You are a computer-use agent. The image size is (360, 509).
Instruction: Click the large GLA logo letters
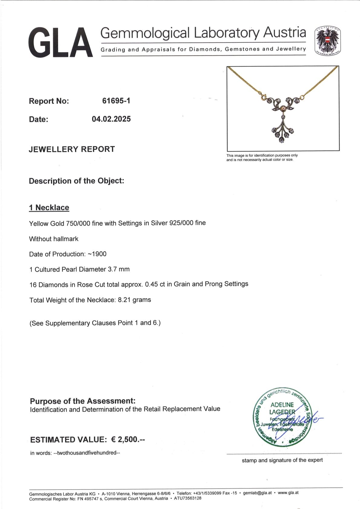click(x=61, y=42)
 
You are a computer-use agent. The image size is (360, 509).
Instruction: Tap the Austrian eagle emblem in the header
click(x=328, y=41)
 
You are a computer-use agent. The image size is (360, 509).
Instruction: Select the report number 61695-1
click(x=116, y=101)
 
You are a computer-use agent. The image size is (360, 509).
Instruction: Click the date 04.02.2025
click(x=111, y=119)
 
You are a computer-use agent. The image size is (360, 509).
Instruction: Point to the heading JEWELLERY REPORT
click(x=72, y=149)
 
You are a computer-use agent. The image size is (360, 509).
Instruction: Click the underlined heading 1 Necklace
click(x=49, y=207)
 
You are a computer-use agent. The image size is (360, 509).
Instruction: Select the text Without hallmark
click(x=54, y=239)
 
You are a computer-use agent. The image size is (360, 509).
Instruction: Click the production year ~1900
click(x=97, y=254)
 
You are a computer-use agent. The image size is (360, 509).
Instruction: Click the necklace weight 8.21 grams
click(x=134, y=300)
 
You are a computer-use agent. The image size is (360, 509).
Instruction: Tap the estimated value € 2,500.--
click(x=128, y=439)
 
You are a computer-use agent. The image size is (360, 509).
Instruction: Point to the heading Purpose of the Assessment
click(x=83, y=401)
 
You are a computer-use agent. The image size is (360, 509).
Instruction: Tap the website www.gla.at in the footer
click(x=288, y=493)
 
